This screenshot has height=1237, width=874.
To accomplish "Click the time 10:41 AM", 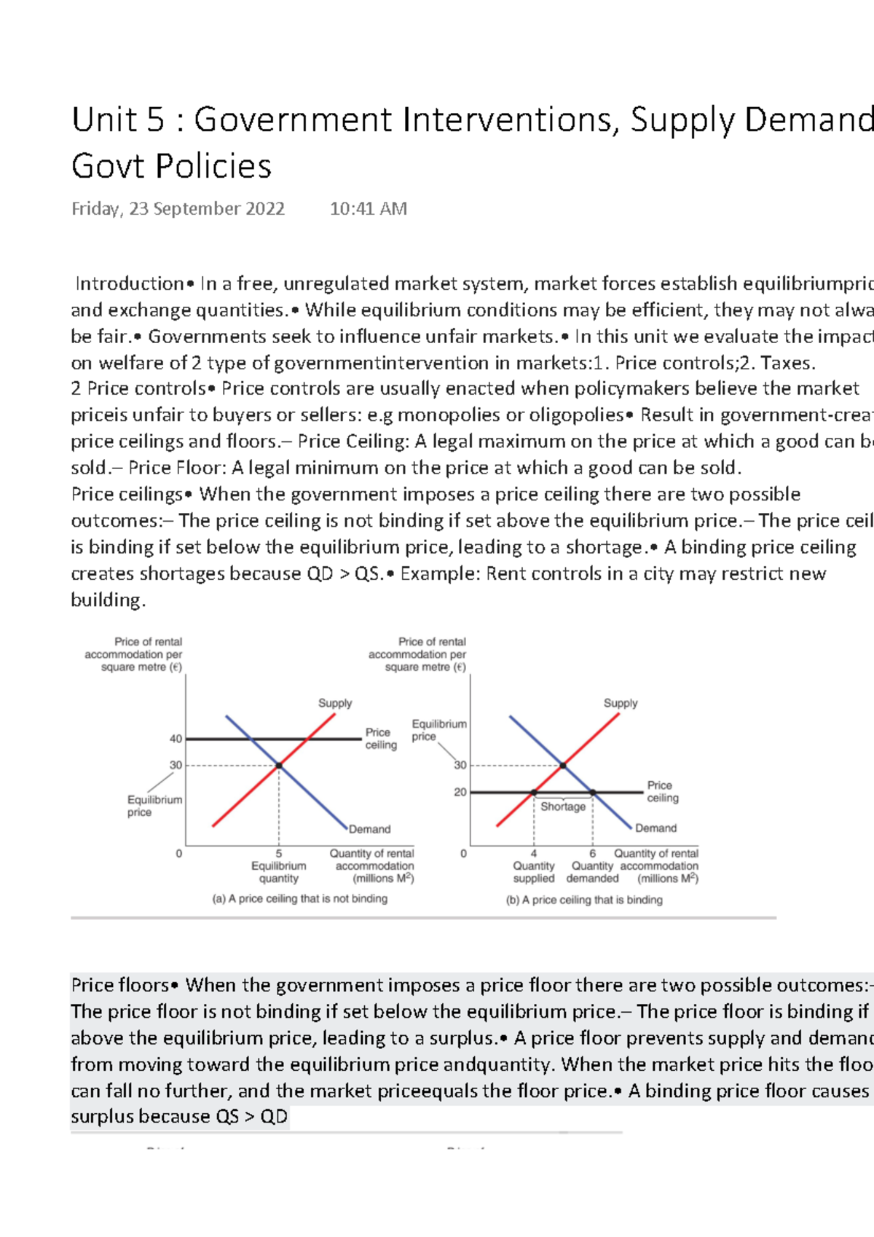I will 368,209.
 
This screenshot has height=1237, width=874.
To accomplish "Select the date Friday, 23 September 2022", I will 178,209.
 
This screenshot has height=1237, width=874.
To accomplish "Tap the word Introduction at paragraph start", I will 130,283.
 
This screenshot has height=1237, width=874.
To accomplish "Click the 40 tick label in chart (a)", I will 176,739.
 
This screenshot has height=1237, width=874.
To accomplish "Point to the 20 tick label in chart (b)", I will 460,792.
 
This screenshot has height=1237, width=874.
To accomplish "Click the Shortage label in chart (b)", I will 563,806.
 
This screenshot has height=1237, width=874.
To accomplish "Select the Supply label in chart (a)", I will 335,703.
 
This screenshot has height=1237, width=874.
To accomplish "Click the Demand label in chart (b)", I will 655,828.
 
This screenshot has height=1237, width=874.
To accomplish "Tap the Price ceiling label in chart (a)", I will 381,738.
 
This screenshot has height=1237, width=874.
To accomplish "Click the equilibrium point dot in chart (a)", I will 279,766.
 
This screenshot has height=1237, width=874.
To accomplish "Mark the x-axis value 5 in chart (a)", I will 279,853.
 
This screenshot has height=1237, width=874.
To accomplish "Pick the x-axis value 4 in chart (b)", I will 534,853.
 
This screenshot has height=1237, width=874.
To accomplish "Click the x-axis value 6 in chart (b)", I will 592,853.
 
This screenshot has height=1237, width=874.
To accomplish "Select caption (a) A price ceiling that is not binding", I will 299,899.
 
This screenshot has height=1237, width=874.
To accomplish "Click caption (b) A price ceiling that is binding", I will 584,900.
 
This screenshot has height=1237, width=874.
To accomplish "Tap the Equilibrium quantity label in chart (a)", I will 279,872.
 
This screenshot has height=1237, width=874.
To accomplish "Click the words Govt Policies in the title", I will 171,166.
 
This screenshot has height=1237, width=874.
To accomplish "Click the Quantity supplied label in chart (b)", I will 533,872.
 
